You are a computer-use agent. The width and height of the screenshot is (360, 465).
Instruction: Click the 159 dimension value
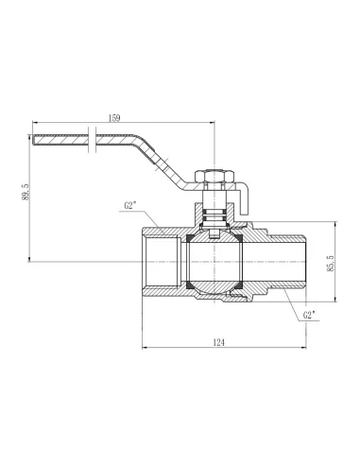(x=114, y=118)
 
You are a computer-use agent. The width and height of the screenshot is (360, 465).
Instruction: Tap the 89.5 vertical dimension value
(x=26, y=192)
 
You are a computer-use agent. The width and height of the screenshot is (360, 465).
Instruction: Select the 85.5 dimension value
(x=330, y=263)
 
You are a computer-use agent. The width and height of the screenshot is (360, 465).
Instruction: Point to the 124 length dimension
(x=219, y=342)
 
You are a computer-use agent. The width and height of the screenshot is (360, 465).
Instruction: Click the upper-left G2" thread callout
(x=130, y=206)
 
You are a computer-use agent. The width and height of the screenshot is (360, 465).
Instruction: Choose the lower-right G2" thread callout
(x=309, y=315)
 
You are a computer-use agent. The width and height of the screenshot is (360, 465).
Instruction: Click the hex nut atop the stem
(x=214, y=176)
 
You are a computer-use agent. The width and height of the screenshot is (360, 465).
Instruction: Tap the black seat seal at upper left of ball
(x=190, y=238)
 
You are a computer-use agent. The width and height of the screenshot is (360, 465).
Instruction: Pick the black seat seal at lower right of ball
(x=238, y=284)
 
